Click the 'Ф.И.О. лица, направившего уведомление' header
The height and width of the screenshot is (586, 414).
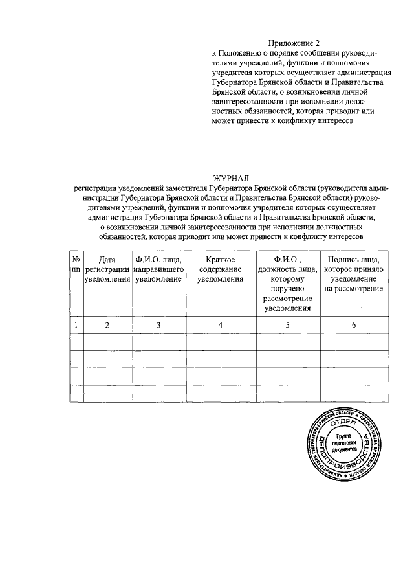click(158, 269)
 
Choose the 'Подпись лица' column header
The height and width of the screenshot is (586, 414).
click(354, 273)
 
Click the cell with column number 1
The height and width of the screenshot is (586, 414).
click(76, 324)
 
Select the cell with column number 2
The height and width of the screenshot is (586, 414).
click(107, 324)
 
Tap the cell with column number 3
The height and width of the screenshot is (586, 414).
click(158, 324)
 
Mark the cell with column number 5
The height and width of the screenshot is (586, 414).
click(287, 324)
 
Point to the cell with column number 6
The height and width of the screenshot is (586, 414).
click(354, 324)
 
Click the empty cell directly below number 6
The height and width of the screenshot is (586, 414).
click(354, 341)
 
